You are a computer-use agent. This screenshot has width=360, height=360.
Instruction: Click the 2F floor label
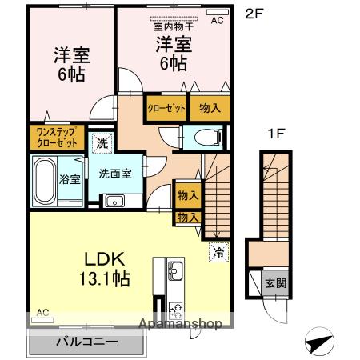253,14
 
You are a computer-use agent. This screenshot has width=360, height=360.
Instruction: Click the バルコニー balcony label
86,342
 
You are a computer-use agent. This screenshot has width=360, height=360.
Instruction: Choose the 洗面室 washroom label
115,174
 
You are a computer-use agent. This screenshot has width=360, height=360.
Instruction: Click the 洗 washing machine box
102,144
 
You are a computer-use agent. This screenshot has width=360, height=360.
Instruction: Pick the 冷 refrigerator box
218,253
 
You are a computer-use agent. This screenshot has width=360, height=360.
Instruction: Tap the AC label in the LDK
43,312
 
